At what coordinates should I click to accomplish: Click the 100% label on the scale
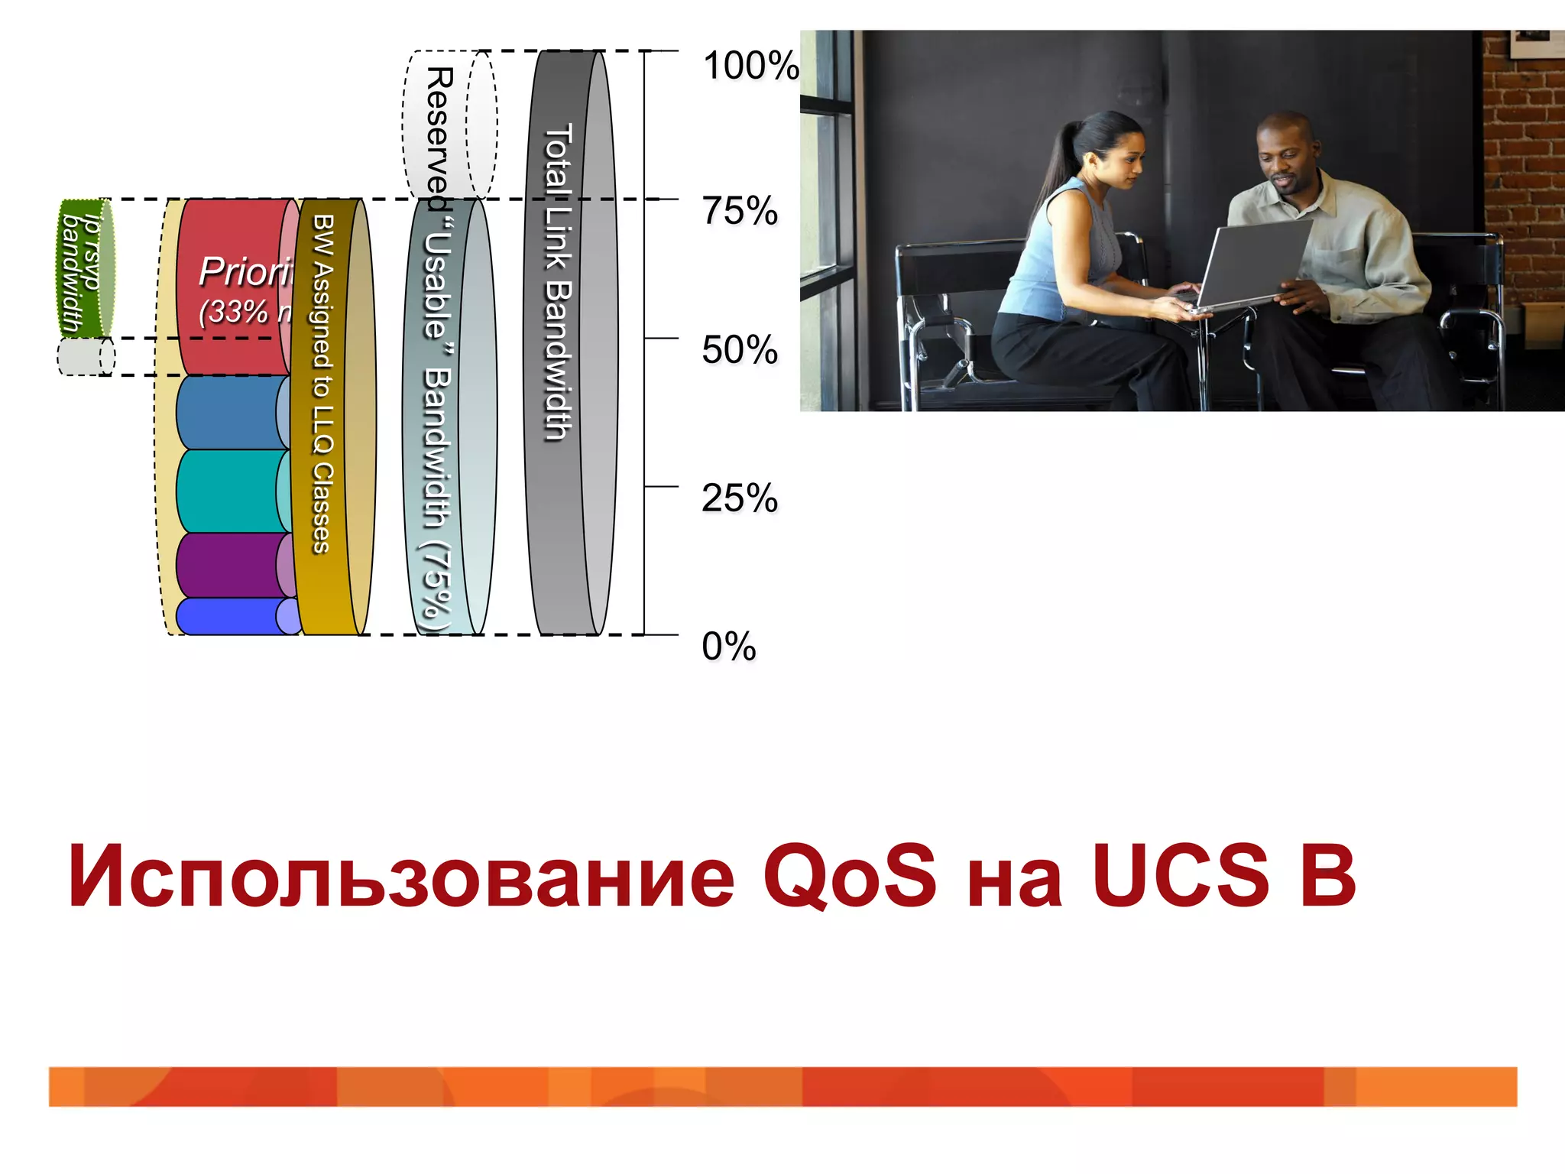tap(750, 66)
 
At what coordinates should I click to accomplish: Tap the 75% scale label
tap(739, 211)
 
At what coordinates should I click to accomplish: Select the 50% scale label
tap(739, 350)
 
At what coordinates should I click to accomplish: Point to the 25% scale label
tap(739, 498)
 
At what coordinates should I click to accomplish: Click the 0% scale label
tap(728, 647)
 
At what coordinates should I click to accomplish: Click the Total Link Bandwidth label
tap(558, 283)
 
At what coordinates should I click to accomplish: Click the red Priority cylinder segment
tap(233, 287)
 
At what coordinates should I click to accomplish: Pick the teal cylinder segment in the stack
tap(229, 491)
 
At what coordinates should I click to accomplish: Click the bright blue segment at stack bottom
tap(229, 616)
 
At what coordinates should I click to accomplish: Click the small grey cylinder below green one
tap(86, 357)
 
